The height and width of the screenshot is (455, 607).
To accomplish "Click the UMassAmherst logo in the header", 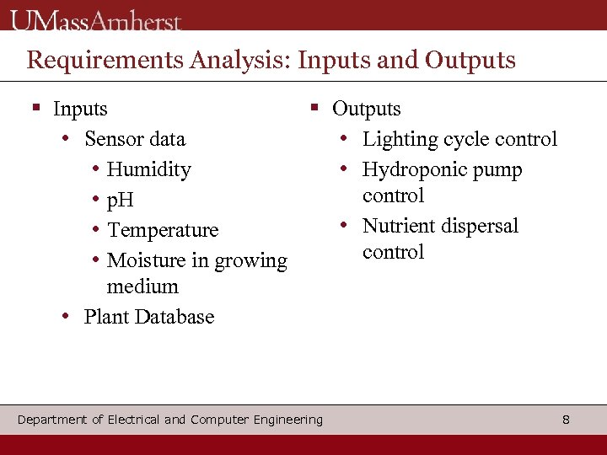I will pos(96,19).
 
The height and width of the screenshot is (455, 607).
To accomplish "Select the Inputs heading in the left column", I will pos(80,109).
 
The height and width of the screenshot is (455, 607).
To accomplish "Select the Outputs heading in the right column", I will pos(366,109).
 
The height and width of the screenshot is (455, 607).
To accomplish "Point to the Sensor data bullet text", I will pos(135,139).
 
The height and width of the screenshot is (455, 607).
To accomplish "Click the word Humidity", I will pos(149,169).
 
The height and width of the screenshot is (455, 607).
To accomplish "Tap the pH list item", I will pos(121,201).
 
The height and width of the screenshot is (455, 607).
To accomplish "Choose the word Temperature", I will pos(163,230).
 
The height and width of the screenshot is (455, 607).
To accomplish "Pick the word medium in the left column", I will pos(142,286).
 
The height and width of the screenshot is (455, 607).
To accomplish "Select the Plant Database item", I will pos(149,317).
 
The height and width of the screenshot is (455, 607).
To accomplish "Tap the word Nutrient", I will pos(399,226).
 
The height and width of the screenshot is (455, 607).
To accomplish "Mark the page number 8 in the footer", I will pos(566,419).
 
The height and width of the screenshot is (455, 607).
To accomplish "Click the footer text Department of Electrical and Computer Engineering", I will pos(169,419).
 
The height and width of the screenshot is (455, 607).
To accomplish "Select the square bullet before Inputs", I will pos(36,108).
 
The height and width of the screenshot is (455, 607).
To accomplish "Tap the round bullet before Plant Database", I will pos(65,317).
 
